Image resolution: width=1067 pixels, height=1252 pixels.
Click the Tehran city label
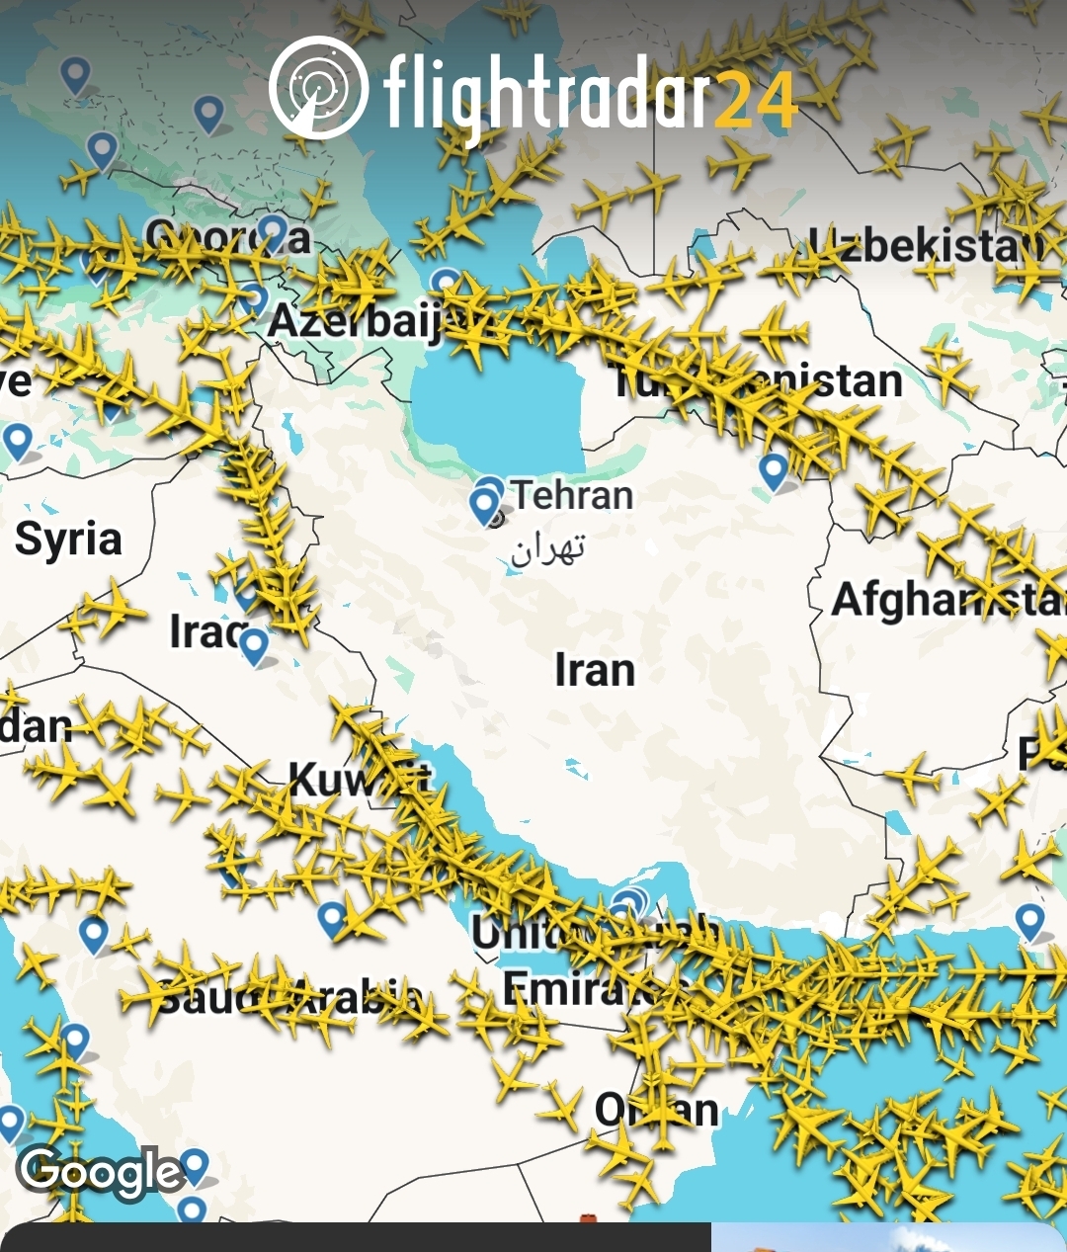[x=572, y=495]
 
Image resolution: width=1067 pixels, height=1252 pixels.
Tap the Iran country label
[x=594, y=670]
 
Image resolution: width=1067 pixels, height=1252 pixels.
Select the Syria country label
[x=68, y=540]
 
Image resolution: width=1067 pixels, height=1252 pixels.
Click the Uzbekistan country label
[x=924, y=245]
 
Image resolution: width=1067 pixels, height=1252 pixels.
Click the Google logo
[x=100, y=1173]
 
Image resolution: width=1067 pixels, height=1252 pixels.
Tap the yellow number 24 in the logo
[x=755, y=101]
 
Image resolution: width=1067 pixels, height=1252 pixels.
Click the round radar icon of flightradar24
[x=318, y=87]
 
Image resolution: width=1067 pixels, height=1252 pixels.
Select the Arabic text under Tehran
[x=548, y=548]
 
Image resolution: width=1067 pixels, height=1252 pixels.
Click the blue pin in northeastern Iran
[x=775, y=470]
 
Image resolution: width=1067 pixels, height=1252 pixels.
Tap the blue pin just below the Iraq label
[x=254, y=646]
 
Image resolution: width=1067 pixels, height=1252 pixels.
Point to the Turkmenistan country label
[x=756, y=381]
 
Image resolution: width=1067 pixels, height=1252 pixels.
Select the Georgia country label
[x=227, y=237]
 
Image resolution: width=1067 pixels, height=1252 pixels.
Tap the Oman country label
[x=656, y=1110]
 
